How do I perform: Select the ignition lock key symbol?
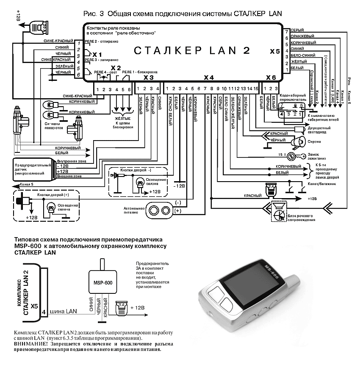(x=291, y=156)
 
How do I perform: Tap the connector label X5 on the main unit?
(x=274, y=52)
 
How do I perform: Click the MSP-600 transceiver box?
(x=102, y=283)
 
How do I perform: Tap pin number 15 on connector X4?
(x=256, y=89)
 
